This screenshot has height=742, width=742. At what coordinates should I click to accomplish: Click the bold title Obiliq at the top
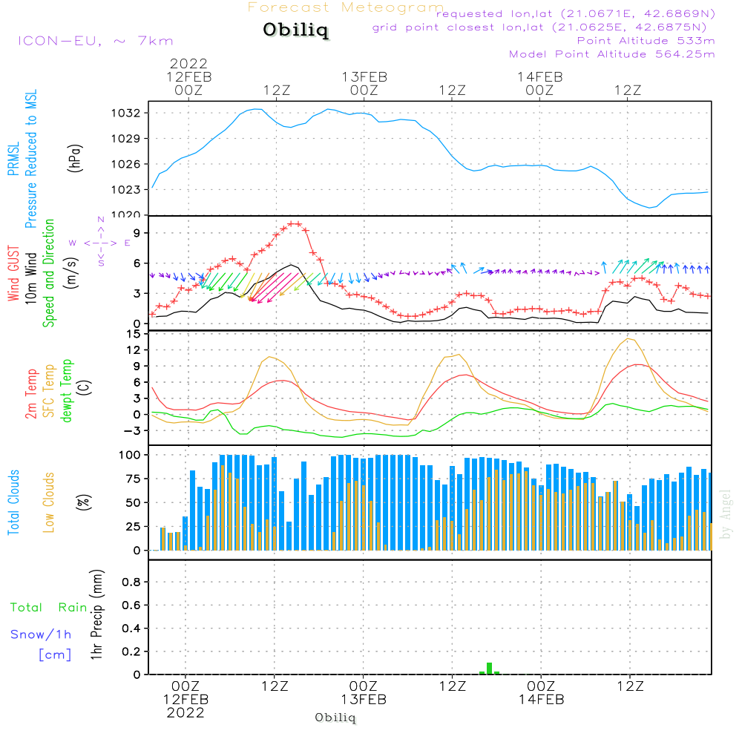(x=295, y=30)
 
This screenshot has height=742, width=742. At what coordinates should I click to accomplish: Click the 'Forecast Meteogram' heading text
(x=346, y=7)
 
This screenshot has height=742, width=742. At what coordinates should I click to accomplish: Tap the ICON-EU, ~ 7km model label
(x=95, y=41)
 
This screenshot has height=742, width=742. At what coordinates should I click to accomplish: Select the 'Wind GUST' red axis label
(x=13, y=275)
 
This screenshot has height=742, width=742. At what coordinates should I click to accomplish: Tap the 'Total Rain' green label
(x=49, y=607)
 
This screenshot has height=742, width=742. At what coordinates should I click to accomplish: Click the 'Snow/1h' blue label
(x=41, y=634)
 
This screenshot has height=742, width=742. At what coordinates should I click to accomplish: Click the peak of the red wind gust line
(x=295, y=223)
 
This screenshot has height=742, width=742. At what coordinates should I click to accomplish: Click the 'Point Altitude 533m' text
(x=646, y=40)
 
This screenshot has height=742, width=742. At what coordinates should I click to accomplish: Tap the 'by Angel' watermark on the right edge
(x=726, y=514)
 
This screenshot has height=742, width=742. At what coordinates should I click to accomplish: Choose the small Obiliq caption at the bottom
(x=335, y=718)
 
